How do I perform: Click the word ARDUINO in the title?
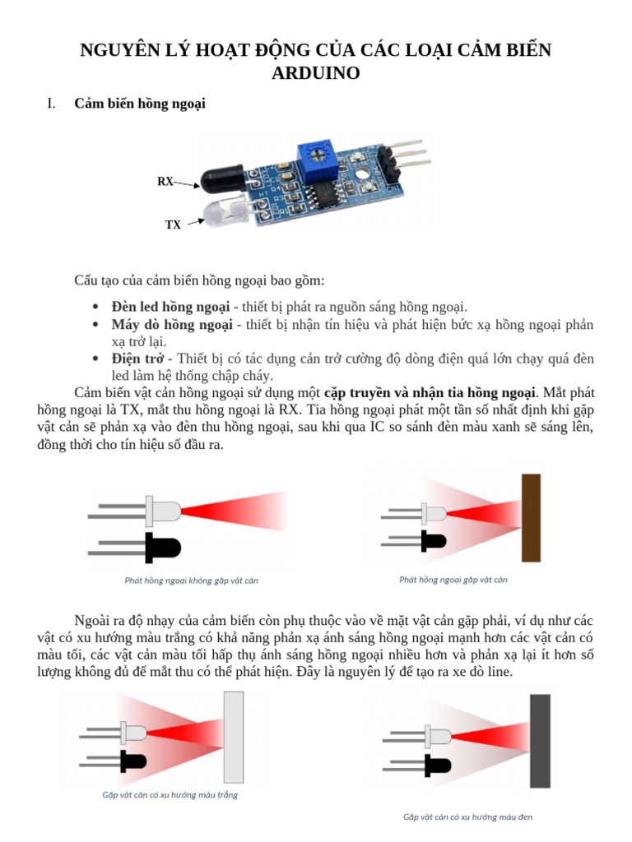[315, 73]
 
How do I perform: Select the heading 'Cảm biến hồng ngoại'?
[139, 104]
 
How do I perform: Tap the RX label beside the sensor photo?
[165, 182]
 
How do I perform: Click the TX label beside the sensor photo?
[173, 224]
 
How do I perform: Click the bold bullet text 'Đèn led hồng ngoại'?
[170, 307]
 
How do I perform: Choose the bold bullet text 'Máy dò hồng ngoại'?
[171, 325]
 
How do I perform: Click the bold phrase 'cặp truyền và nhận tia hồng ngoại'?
[425, 392]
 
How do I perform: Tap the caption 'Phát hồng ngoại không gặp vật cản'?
[191, 581]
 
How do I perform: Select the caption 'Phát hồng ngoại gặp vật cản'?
[453, 580]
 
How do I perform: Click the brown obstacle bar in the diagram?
[531, 518]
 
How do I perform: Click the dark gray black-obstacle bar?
[540, 740]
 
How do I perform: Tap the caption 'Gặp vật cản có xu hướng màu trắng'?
[170, 795]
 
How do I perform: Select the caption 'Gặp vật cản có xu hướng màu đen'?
[467, 817]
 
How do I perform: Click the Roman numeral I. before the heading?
[51, 104]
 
